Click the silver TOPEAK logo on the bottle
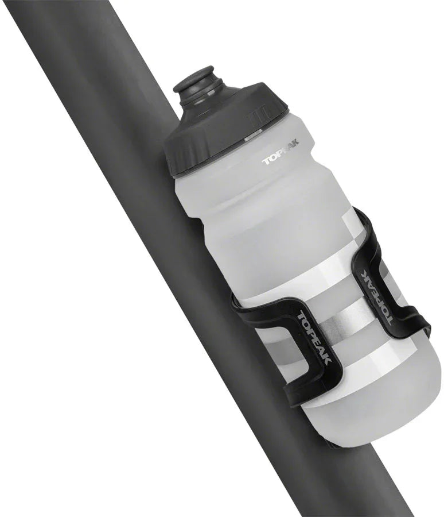coord(281,156)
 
